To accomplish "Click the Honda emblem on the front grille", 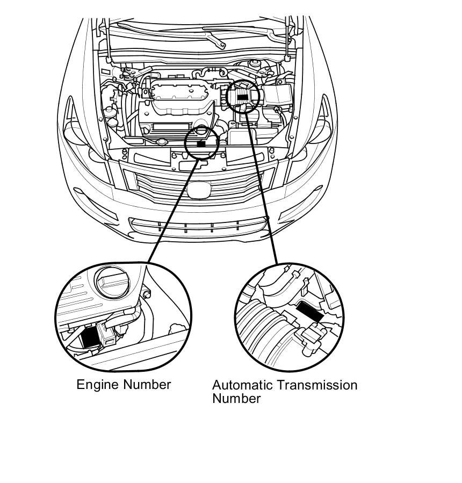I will click(201, 189).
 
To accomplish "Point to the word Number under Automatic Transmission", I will click(236, 399).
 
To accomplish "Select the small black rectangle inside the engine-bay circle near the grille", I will click(201, 144).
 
